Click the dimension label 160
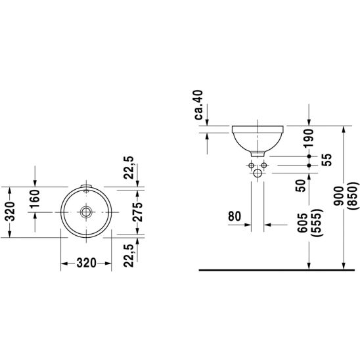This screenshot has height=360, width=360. click(x=35, y=198)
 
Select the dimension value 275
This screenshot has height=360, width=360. click(x=137, y=212)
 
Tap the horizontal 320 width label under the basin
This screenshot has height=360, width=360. click(x=86, y=263)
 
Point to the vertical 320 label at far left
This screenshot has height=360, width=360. click(x=10, y=212)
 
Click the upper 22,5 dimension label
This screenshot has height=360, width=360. click(x=129, y=168)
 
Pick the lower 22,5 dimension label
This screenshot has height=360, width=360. click(x=129, y=256)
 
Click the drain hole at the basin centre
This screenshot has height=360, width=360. click(x=86, y=212)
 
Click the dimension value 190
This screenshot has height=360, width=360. click(x=308, y=138)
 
